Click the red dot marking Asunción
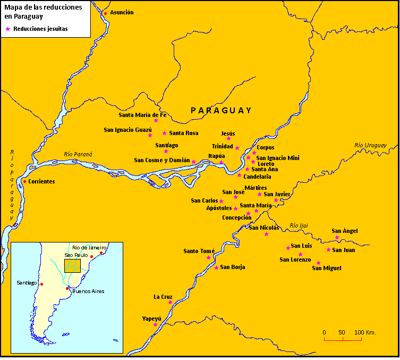[x=105, y=13]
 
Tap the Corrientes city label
[x=41, y=181]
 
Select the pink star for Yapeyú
[x=155, y=324]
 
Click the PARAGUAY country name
[x=221, y=110]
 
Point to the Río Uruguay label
[x=370, y=145]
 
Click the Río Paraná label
[x=78, y=154]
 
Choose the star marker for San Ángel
[x=337, y=237]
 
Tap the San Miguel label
[x=326, y=268]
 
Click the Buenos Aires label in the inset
[x=88, y=291]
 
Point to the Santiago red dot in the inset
[x=41, y=284]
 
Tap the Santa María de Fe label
[x=142, y=114]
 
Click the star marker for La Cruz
[x=170, y=302]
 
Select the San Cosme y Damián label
[x=161, y=160]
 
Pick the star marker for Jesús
[x=229, y=139]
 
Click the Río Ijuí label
[x=299, y=225]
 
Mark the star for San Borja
[x=216, y=267]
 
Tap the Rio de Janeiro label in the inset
[x=90, y=248]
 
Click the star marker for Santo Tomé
[x=208, y=257]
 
